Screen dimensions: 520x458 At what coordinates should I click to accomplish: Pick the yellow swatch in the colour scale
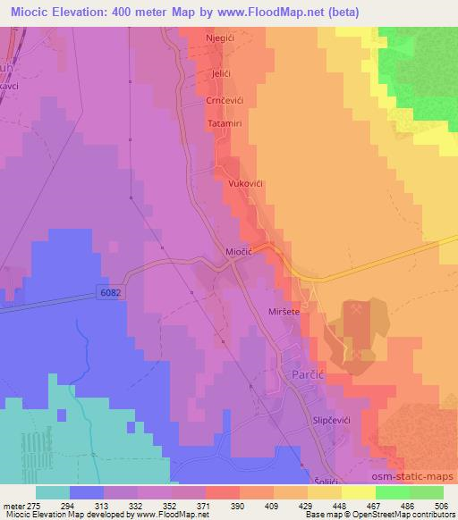pos(359,492)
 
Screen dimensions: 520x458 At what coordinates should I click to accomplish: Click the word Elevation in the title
pos(74,9)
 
